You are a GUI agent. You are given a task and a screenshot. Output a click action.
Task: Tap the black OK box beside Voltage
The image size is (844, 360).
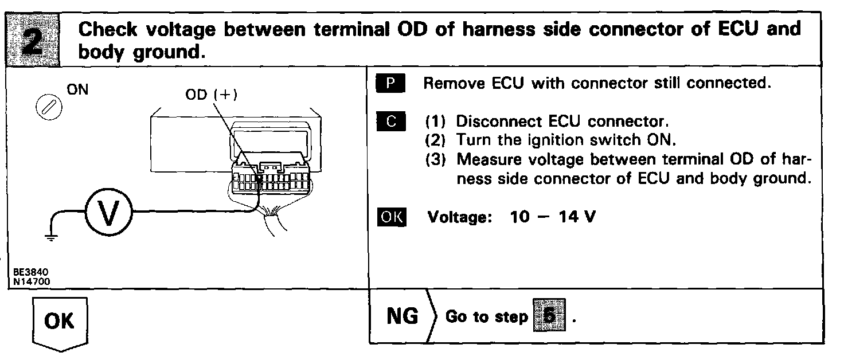click(391, 218)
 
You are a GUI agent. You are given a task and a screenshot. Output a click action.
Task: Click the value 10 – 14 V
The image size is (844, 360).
click(552, 218)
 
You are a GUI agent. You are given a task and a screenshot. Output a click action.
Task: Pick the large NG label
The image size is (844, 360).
click(403, 316)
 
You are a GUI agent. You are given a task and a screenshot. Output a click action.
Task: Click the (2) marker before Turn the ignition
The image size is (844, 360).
click(436, 140)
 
